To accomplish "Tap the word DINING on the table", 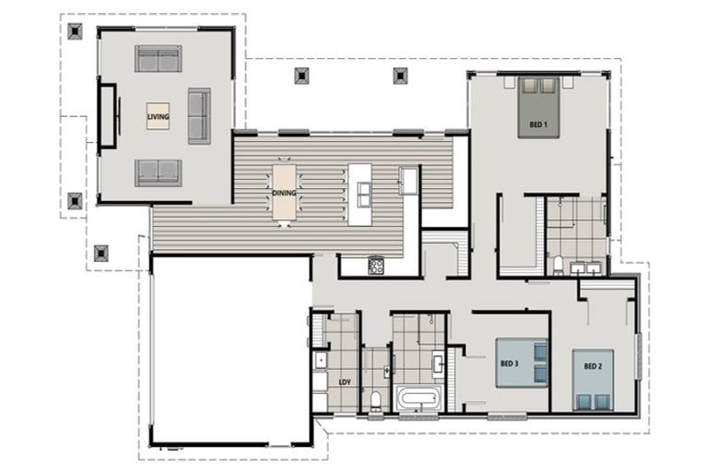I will (x=284, y=193).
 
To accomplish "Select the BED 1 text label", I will (x=538, y=124).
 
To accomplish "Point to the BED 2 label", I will (x=593, y=366).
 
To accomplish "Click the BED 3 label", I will (x=510, y=363).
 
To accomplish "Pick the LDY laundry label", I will (x=344, y=382).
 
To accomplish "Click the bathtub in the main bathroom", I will (x=419, y=399).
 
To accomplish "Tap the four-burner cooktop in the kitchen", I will (x=376, y=266).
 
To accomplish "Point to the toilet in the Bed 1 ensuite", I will (x=559, y=265).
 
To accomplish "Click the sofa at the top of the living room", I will (x=159, y=59).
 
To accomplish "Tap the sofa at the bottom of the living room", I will (x=159, y=172).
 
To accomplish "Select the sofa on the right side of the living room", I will (x=199, y=115).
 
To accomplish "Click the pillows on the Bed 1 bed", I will (x=539, y=87).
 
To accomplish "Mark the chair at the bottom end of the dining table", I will (x=284, y=223).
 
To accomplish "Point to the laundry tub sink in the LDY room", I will (x=320, y=360).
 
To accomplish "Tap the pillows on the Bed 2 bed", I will (x=593, y=400).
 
